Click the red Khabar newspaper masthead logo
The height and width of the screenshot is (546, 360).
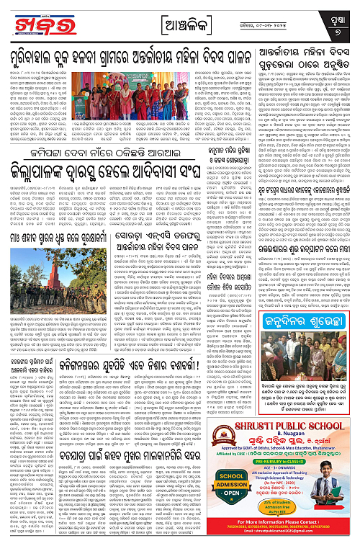pos(29,21)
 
